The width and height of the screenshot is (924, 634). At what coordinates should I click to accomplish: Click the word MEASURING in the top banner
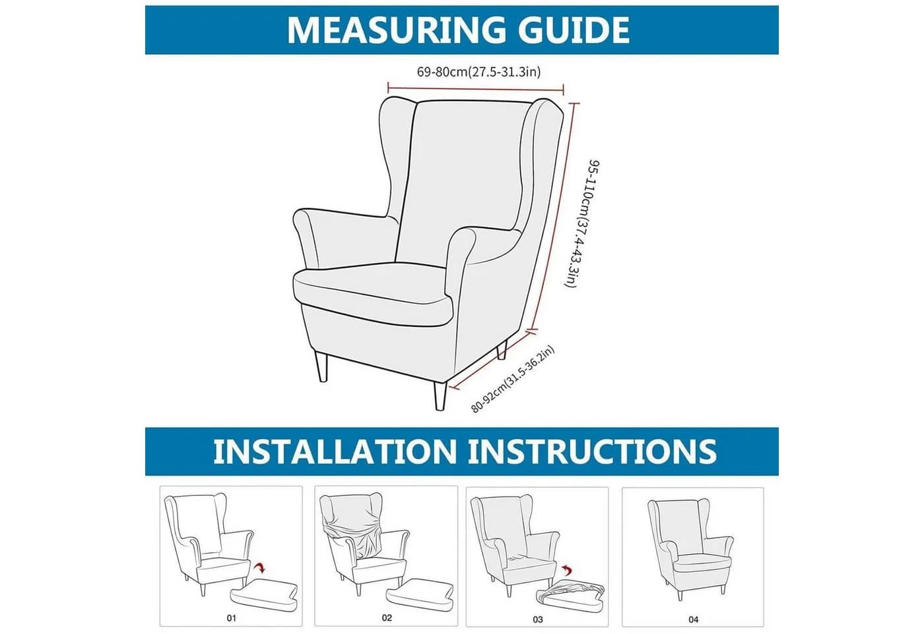pyautogui.click(x=395, y=30)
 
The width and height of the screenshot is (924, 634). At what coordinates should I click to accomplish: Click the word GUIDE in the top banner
pyautogui.click(x=574, y=30)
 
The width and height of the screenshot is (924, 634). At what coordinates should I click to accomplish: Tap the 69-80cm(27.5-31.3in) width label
pyautogui.click(x=478, y=72)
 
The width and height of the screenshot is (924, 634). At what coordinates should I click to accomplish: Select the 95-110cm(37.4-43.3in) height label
pyautogui.click(x=582, y=223)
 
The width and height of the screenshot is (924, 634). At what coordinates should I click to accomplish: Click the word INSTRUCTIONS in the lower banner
pyautogui.click(x=592, y=451)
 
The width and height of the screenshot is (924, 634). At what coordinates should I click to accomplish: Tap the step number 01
pyautogui.click(x=232, y=618)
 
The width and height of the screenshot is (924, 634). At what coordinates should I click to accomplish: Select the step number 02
pyautogui.click(x=387, y=617)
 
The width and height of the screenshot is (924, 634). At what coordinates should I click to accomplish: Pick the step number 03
pyautogui.click(x=537, y=619)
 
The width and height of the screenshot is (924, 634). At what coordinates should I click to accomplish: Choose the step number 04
pyautogui.click(x=694, y=619)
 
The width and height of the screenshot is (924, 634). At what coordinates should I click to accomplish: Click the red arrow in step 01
pyautogui.click(x=259, y=567)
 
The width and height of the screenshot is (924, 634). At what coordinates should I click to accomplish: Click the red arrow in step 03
pyautogui.click(x=567, y=571)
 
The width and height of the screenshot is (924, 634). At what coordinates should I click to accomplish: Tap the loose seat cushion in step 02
pyautogui.click(x=420, y=595)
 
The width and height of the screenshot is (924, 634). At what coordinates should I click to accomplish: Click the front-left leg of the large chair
pyautogui.click(x=321, y=366)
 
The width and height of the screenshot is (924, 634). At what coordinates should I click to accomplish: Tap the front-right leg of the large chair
pyautogui.click(x=440, y=396)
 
